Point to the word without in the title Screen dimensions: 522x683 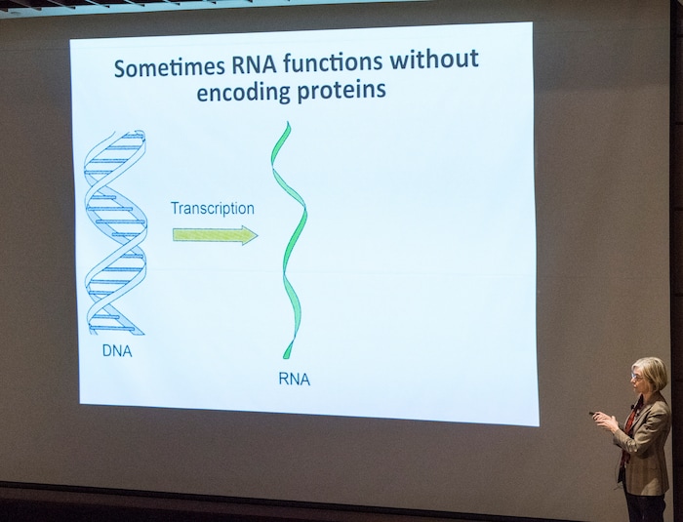pos(434,60)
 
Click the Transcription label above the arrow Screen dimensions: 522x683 pos(212,208)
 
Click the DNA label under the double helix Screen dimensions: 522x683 pos(116,351)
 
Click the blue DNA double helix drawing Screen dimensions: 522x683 pos(115,234)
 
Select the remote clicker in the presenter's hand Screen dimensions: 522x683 pos(594,414)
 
